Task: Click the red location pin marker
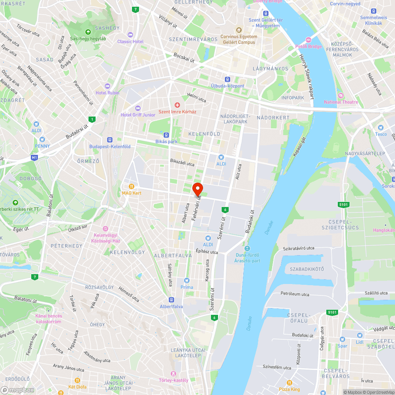point(197,189)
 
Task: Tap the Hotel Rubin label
point(107,93)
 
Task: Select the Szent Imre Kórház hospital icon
point(177,105)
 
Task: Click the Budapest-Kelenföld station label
point(110,147)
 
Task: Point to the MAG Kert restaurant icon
point(132,186)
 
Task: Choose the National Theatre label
point(341,102)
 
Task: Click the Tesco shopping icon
point(381,128)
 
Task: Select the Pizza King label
point(290,389)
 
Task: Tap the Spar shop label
point(342,346)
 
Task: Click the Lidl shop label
point(359,342)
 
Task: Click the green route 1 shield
point(92,119)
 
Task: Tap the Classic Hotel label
point(130,41)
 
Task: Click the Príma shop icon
point(187,280)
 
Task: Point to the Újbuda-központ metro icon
point(227,79)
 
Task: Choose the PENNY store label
point(42,146)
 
